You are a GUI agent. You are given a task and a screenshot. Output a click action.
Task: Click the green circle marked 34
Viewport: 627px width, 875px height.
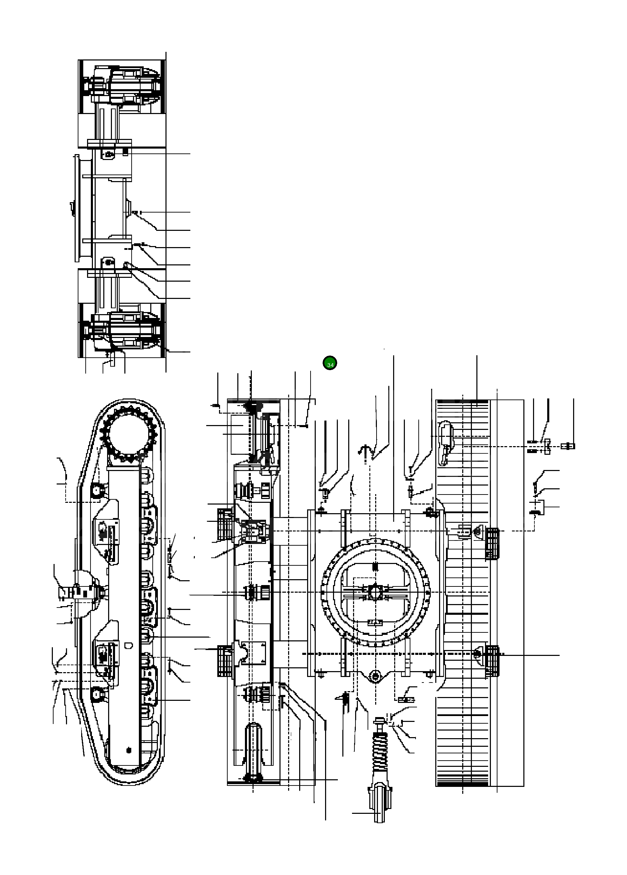tap(330, 363)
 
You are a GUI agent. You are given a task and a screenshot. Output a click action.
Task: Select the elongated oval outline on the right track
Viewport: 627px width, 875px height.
tap(445, 444)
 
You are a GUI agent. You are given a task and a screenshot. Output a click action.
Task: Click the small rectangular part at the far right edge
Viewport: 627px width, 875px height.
tap(569, 446)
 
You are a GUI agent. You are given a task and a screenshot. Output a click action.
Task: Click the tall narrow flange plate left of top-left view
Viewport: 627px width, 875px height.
tap(77, 208)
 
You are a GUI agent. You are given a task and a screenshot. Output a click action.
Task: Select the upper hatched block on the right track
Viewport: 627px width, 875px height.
tap(492, 544)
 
